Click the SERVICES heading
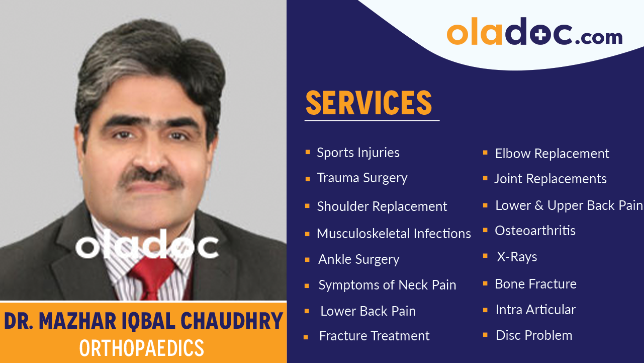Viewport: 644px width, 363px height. [369, 103]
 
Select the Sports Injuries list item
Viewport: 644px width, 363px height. [358, 153]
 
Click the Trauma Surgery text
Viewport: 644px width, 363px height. [362, 178]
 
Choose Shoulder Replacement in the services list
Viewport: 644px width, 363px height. [382, 206]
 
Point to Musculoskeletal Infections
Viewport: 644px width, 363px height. [394, 234]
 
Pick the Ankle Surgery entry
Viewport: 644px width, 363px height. [359, 259]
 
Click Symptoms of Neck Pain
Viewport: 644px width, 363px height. [387, 285]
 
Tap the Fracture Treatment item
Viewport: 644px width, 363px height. [375, 336]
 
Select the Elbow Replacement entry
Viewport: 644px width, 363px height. [552, 154]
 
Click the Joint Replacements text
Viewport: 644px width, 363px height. [550, 179]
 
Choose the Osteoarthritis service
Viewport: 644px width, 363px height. [535, 231]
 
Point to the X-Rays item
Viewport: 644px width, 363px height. [517, 257]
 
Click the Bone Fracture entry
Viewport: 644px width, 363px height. [536, 284]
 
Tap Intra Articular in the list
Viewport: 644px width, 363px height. [536, 310]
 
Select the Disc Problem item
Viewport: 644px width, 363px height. [534, 335]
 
